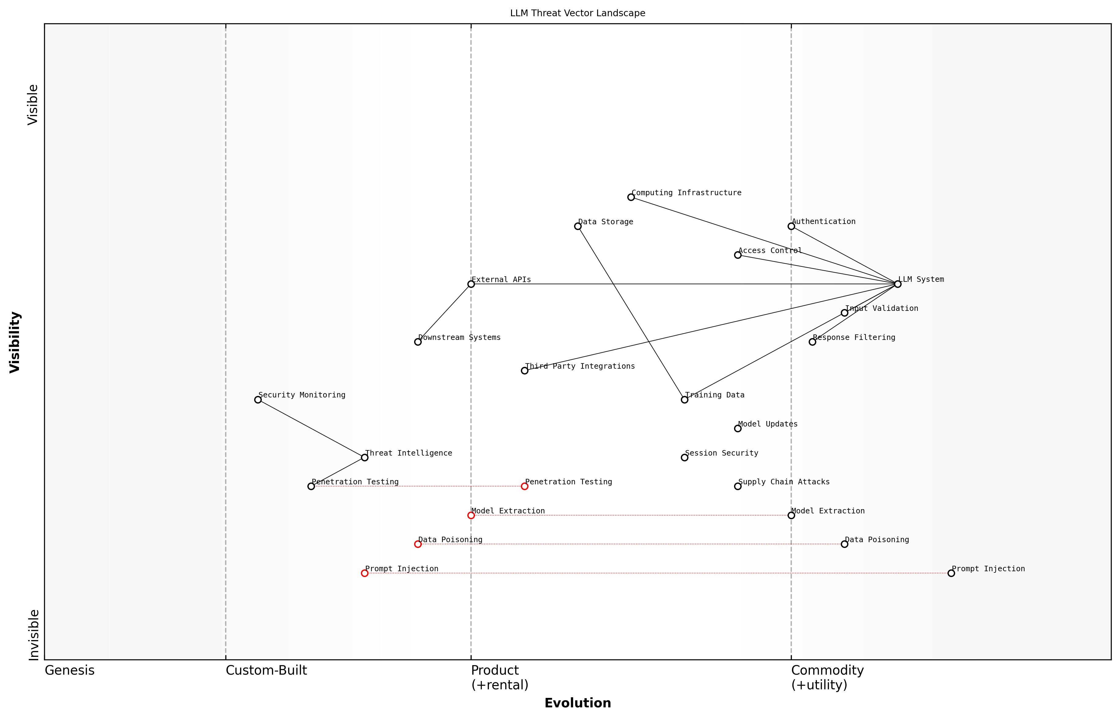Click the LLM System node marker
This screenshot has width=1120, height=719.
coord(897,284)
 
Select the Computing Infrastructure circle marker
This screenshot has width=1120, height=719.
coord(631,197)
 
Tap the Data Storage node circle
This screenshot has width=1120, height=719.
coord(578,226)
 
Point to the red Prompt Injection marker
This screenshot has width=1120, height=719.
coord(365,573)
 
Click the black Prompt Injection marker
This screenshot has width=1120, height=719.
coord(951,573)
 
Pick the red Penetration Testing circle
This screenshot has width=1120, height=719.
coord(525,486)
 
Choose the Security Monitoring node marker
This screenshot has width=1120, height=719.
coord(258,399)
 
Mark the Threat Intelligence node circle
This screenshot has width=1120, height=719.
coord(365,457)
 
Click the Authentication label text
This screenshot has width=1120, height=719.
coord(824,221)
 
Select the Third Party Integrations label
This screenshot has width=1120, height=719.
coord(580,366)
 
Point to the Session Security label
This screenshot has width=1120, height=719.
coord(721,453)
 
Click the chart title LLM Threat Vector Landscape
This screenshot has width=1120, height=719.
coord(578,13)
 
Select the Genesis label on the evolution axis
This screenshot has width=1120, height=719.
coord(69,670)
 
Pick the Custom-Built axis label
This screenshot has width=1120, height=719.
coord(266,670)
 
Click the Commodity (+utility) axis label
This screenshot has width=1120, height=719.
coord(827,677)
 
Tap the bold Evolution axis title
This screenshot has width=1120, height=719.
coord(578,703)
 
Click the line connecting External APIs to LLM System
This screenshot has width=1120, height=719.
coord(681,284)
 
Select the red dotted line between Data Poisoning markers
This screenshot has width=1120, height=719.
coord(630,544)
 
